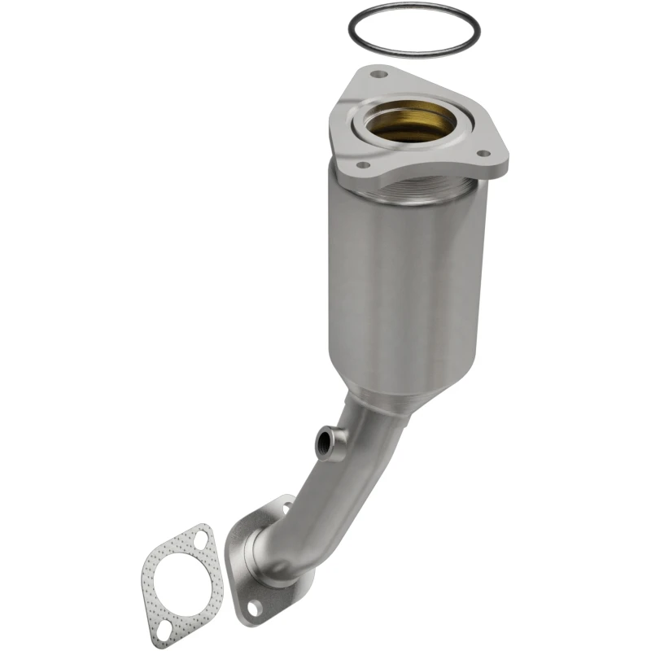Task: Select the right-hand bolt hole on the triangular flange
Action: (482, 152)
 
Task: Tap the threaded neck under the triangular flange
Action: (407, 193)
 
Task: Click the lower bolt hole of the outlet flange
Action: (254, 606)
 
